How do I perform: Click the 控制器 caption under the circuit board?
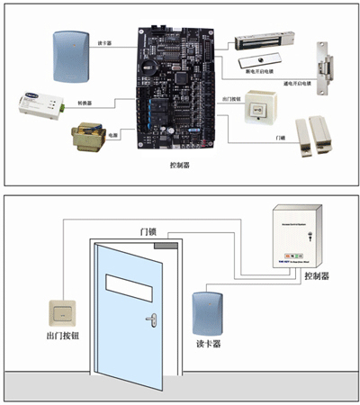coord(179,166)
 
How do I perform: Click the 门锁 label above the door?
coord(148,230)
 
